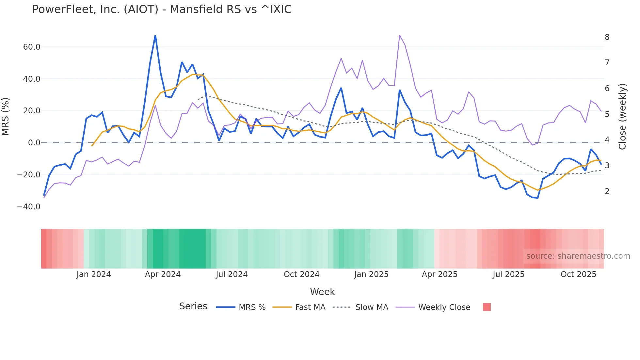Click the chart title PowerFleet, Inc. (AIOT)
(x=162, y=9)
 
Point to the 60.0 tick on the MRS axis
(x=32, y=47)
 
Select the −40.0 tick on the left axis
(x=29, y=207)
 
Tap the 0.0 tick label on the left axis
(x=34, y=143)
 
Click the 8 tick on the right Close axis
(x=607, y=37)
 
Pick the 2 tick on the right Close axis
(x=607, y=191)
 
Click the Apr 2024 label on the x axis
(x=163, y=274)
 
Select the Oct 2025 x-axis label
(x=578, y=274)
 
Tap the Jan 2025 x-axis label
(x=371, y=274)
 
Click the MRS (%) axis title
(x=6, y=116)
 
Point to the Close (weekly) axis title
(x=623, y=116)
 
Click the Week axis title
(x=322, y=292)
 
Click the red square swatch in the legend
(x=487, y=307)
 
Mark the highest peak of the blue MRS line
(x=155, y=35)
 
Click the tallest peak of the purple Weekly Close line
(x=400, y=35)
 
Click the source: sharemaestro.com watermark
(x=578, y=256)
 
